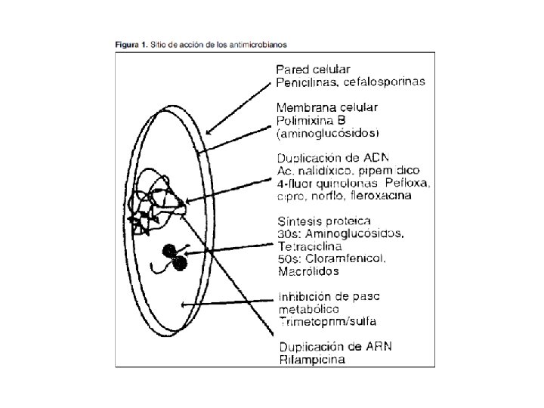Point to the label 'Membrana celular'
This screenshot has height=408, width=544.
tap(326, 107)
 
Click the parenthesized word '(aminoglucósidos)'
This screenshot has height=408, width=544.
tap(327, 133)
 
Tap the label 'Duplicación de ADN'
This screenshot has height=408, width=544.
tap(332, 159)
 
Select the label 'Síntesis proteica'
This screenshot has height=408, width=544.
tap(323, 221)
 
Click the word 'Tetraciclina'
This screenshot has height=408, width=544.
tap(310, 246)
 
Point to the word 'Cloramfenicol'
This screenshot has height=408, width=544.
tap(354, 258)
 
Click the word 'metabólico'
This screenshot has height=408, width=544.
tap(309, 309)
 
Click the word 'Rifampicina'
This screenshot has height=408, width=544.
tap(312, 360)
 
